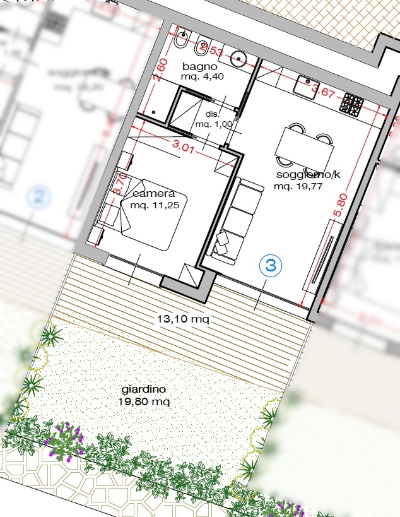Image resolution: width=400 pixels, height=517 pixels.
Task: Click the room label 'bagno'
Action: click(x=199, y=66)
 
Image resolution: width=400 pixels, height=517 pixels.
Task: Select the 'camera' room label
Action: click(x=153, y=194)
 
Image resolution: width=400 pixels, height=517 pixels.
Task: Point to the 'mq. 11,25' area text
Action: click(x=153, y=206)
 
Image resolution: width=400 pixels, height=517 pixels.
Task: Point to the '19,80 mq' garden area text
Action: click(x=144, y=401)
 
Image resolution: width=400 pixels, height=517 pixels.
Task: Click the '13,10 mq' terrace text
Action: click(x=182, y=319)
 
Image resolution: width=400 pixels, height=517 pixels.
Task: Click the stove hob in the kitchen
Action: click(x=353, y=104)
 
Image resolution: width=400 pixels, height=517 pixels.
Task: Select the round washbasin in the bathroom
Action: click(x=239, y=59)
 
